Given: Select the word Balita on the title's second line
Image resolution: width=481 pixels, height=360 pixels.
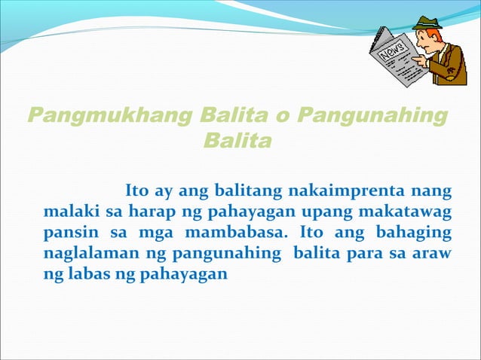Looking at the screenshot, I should (237, 141).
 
